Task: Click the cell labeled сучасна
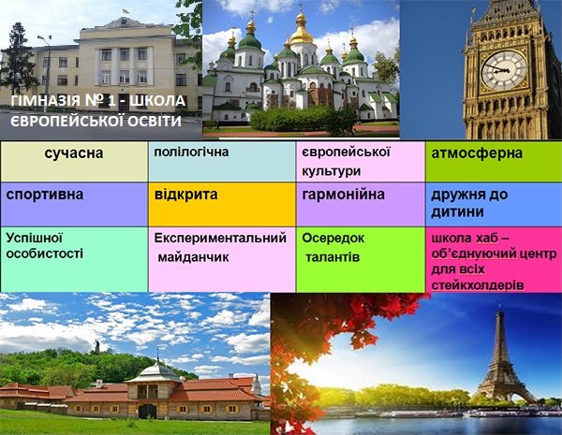(x=74, y=161)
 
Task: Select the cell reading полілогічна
(x=222, y=161)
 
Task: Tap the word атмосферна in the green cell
(x=477, y=153)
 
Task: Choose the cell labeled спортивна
(x=74, y=204)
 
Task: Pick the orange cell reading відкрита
(x=222, y=204)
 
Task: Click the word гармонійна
(x=343, y=195)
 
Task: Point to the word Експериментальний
(x=220, y=239)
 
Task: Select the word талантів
(x=333, y=257)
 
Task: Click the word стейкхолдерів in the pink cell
(x=478, y=285)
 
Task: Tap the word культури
(x=331, y=171)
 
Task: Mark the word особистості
(x=44, y=254)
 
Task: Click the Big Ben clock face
(x=504, y=70)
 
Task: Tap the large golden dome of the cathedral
(x=302, y=32)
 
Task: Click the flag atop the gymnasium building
(x=126, y=11)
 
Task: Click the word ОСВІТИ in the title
(x=155, y=121)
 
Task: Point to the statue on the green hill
(x=96, y=346)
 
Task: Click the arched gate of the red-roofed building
(x=147, y=412)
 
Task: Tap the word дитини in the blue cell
(x=457, y=212)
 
